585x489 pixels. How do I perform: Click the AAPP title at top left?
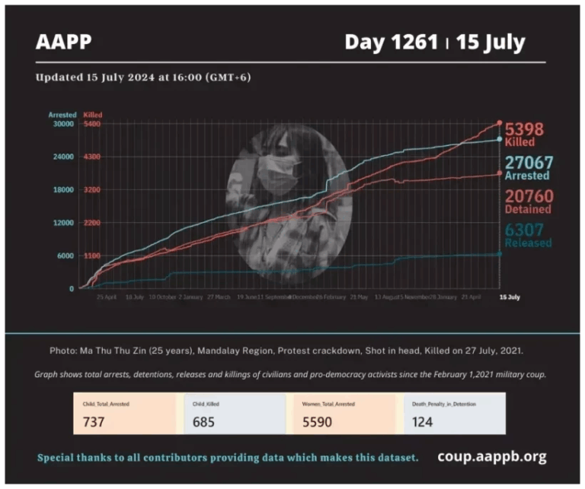(x=63, y=41)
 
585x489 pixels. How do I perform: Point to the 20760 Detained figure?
(x=529, y=196)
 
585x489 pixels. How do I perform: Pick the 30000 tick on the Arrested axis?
(x=62, y=123)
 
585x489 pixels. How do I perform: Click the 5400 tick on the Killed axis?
(x=92, y=123)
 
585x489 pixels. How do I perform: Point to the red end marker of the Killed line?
(x=500, y=122)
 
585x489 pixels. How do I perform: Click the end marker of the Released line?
(x=500, y=254)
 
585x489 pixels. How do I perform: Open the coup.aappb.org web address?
(x=491, y=456)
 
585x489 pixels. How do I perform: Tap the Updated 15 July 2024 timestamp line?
(x=143, y=77)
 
